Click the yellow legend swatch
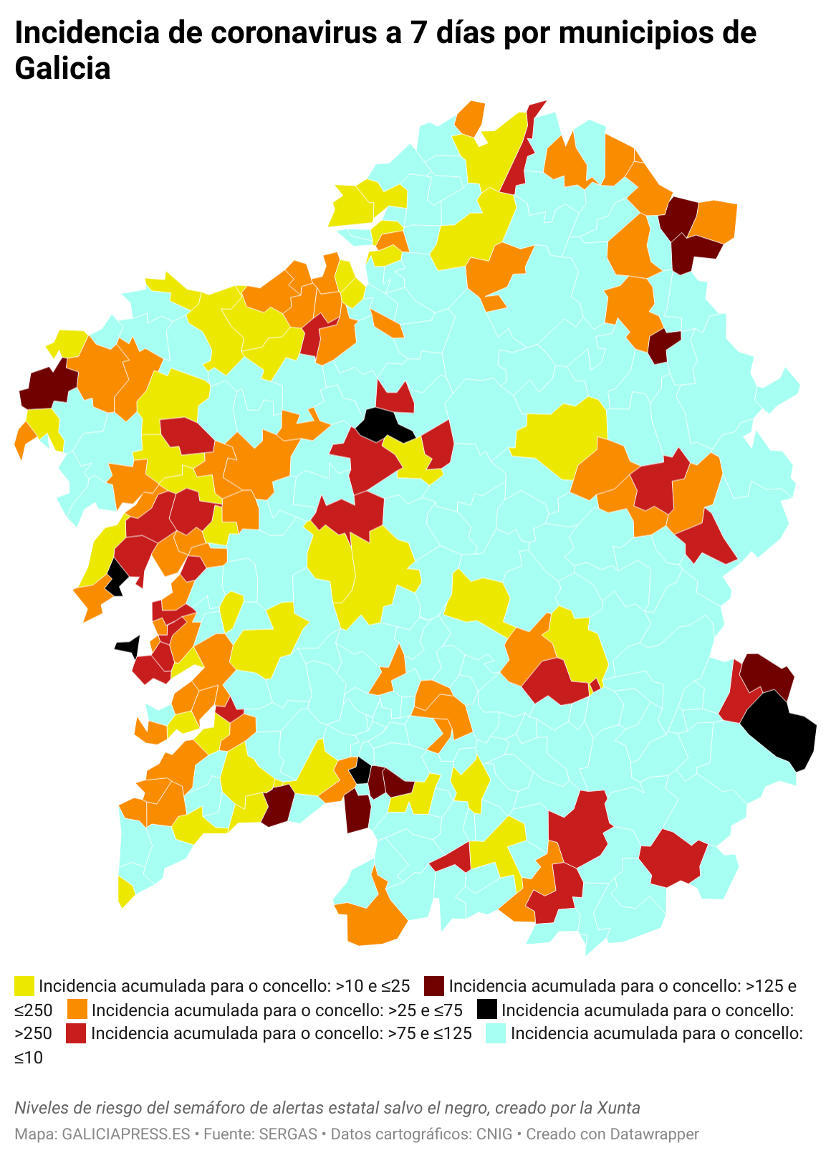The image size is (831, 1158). coord(24,986)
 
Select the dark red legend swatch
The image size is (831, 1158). coord(434,986)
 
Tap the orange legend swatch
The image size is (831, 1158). coord(77,1010)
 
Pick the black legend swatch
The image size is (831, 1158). coord(487,1010)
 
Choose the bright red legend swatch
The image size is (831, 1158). coord(77,1033)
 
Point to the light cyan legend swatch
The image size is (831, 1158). coord(496,1033)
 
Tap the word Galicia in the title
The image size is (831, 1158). coord(63,69)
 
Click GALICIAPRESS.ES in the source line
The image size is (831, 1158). coord(126,1134)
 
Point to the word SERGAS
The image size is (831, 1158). coord(288,1134)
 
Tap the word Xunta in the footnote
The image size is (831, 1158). coord(620,1108)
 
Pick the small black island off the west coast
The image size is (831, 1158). coord(128,646)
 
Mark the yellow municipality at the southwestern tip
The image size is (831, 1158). coord(125,891)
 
